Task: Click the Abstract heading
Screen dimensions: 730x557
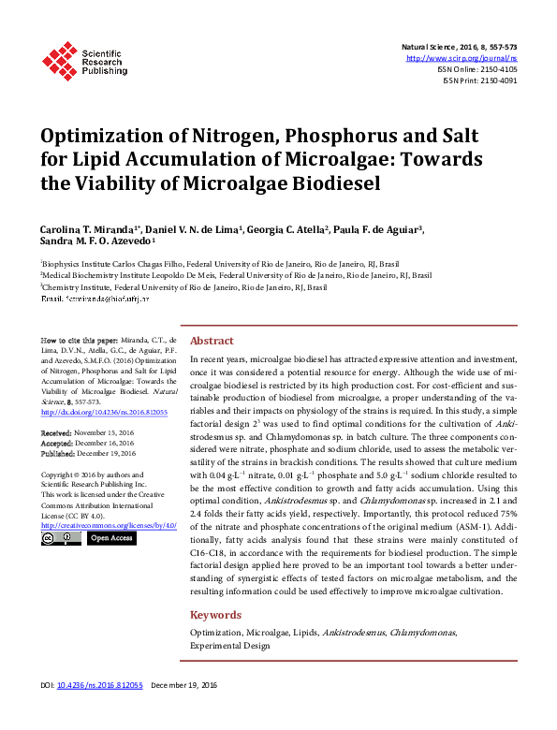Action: [x=212, y=341]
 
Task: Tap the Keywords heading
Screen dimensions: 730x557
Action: [x=215, y=615]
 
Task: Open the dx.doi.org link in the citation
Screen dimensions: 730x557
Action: [x=104, y=411]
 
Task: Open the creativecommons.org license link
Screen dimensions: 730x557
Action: [x=109, y=525]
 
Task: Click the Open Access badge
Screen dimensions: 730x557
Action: [x=110, y=538]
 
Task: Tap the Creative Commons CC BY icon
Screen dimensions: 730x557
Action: [x=62, y=538]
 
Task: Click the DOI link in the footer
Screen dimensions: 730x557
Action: [x=100, y=686]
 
